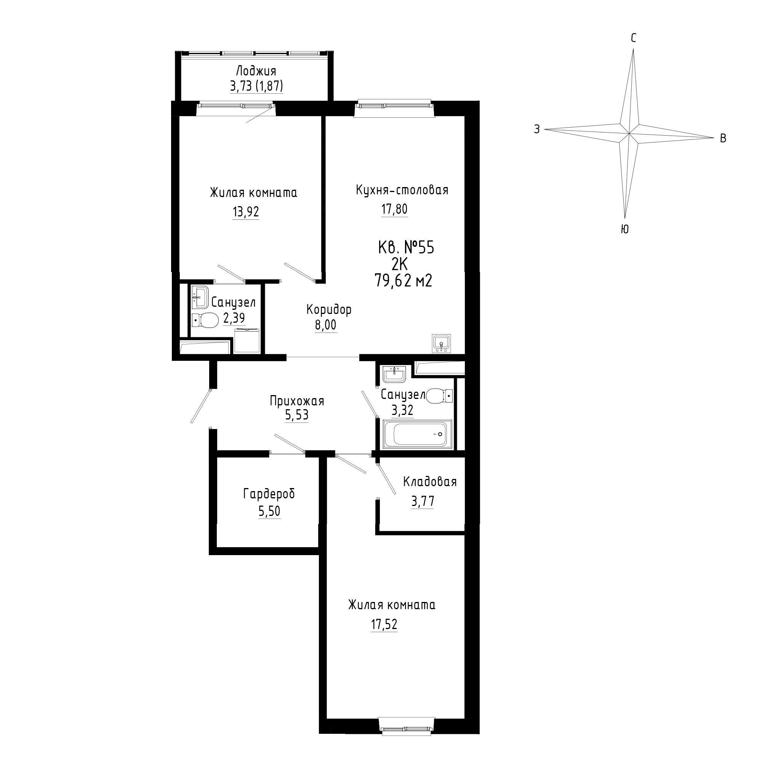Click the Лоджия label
pos(256,71)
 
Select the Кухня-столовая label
pos(402,190)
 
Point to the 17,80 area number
pos(394,209)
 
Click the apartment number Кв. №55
pos(406,248)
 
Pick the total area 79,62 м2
pos(403,281)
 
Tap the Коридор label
pos(329,310)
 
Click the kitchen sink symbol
pos(442,343)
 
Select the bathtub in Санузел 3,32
pos(418,434)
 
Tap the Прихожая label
pos(297,401)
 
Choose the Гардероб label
pos(269,494)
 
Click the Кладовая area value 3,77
pos(423,501)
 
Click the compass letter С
pos(634,38)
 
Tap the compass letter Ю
pos(624,229)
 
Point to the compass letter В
pos(723,138)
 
